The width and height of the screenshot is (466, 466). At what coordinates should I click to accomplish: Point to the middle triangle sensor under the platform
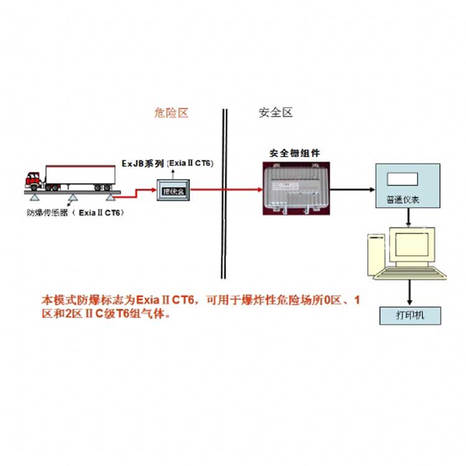[x=73, y=199]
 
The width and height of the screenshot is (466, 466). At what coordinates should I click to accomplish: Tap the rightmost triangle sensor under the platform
[x=112, y=199]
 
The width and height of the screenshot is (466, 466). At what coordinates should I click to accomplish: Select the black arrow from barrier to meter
[x=351, y=188]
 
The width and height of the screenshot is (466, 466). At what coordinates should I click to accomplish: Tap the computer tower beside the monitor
[x=375, y=255]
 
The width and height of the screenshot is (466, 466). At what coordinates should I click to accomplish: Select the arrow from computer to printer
[x=409, y=292]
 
